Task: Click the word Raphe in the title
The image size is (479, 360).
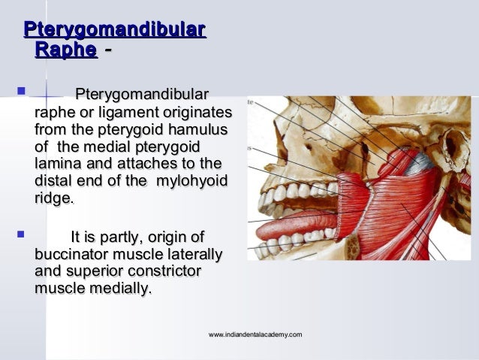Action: (65, 50)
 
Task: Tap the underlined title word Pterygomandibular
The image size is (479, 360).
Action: (115, 30)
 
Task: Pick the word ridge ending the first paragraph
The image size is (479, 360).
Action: (53, 199)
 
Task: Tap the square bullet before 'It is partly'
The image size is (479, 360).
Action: (20, 235)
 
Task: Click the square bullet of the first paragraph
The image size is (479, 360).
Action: (20, 94)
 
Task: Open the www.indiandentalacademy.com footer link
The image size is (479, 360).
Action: (255, 334)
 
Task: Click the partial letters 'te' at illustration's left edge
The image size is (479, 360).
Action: (251, 101)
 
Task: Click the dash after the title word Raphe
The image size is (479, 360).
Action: (109, 50)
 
